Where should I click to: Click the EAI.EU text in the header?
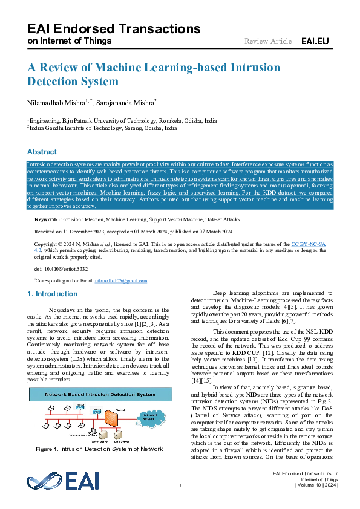pos(315,41)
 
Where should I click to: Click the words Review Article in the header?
pos(268,41)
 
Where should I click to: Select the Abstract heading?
pos(42,152)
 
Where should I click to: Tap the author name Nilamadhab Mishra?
pos(57,103)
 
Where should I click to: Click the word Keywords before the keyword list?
pos(47,219)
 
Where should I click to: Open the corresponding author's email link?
pos(125,280)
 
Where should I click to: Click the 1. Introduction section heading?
pos(53,294)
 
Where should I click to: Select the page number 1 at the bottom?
pos(180,485)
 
